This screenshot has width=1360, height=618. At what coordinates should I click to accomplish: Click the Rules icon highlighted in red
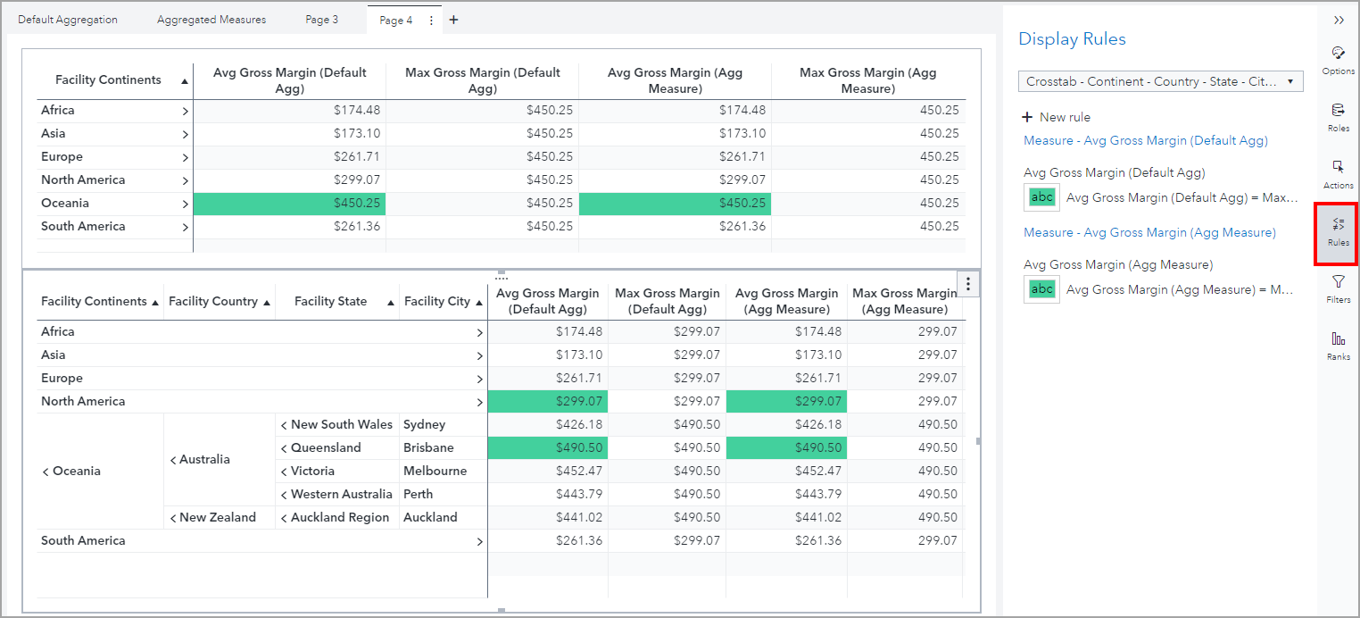[x=1338, y=232]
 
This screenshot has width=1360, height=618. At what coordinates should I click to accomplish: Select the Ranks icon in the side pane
[x=1338, y=346]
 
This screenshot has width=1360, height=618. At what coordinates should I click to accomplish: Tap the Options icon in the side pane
[x=1338, y=60]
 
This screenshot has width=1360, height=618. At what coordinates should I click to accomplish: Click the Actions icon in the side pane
[x=1338, y=174]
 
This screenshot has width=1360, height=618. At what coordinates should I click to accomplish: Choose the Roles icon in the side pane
[x=1338, y=117]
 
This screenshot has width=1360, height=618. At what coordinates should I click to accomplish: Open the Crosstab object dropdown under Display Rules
[x=1160, y=81]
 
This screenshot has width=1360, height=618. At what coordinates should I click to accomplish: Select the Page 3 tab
[x=321, y=20]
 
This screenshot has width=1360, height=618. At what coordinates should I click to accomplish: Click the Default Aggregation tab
[x=68, y=20]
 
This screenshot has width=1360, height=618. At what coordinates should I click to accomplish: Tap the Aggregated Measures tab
[x=211, y=20]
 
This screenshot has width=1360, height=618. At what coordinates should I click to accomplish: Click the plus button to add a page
[x=453, y=20]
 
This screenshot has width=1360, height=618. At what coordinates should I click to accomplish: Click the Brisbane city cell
[x=428, y=447]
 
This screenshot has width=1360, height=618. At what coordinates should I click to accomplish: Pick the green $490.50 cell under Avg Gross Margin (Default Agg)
[x=548, y=447]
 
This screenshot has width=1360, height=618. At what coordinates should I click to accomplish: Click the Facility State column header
[x=331, y=301]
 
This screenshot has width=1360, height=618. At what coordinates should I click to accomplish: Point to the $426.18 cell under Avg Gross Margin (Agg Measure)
[x=786, y=424]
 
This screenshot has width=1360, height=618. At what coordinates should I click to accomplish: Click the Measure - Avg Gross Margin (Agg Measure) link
[x=1149, y=232]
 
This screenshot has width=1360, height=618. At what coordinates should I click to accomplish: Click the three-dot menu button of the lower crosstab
[x=968, y=284]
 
